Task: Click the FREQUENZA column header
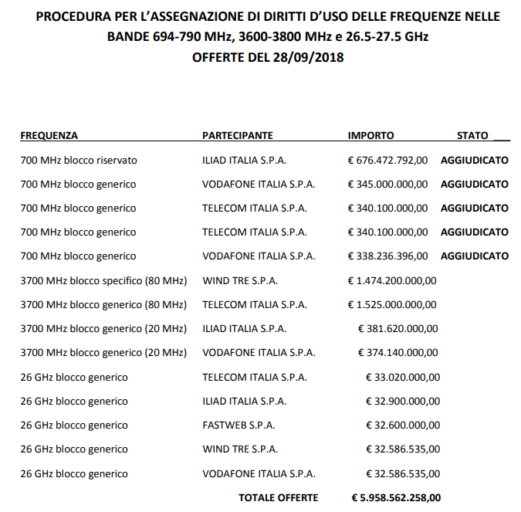pos(49,135)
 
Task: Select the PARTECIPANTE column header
pos(238,135)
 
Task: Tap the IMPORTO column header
pos(371,135)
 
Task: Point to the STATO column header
pos(473,135)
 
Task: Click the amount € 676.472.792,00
pos(387,161)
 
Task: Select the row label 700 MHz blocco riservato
pos(79,161)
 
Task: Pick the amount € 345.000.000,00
pos(387,185)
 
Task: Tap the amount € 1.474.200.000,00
pos(392,281)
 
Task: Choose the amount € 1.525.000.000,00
pos(392,305)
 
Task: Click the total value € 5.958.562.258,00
pos(396,498)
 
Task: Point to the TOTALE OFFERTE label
pos(278,498)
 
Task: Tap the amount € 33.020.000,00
pos(402,378)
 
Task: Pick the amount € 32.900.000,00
pos(402,402)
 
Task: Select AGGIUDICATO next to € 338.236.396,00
pos(474,256)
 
